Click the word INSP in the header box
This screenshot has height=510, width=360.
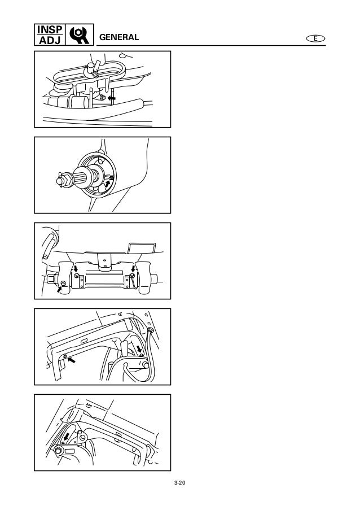50,29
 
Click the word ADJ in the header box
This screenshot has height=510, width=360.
50,40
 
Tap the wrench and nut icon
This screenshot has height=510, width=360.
80,34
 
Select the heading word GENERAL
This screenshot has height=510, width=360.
119,37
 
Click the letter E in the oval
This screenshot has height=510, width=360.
315,38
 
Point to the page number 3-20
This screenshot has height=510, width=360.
179,483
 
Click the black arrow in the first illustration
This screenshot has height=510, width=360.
112,98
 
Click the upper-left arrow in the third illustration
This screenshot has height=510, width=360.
76,269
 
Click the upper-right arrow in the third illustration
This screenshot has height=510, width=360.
133,269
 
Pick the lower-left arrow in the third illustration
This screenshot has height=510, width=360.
59,289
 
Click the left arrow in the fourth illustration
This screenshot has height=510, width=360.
71,360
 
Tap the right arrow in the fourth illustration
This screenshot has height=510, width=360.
139,349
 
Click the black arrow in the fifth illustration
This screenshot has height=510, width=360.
67,436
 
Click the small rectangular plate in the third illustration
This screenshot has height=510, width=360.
142,248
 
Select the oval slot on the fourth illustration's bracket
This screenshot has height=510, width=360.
84,341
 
